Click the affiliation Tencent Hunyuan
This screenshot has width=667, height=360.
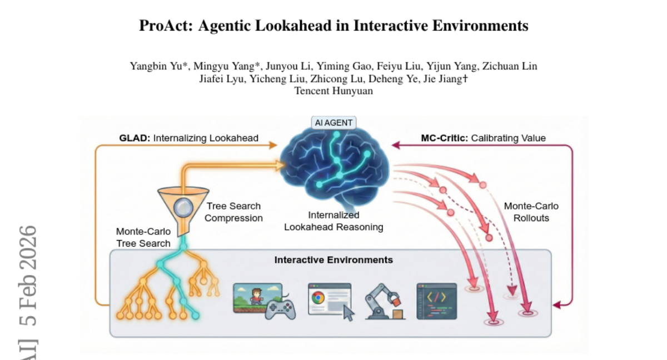pos(333,91)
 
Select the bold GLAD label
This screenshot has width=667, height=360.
pos(135,138)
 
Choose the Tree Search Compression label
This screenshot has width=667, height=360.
pos(233,212)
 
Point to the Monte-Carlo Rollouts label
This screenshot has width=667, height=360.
pos(531,212)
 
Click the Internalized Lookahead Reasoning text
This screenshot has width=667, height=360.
pos(333,221)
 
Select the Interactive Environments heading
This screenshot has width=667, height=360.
pos(333,260)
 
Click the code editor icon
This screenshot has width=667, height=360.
pos(436,301)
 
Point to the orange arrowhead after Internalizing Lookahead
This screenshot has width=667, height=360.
pos(272,146)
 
